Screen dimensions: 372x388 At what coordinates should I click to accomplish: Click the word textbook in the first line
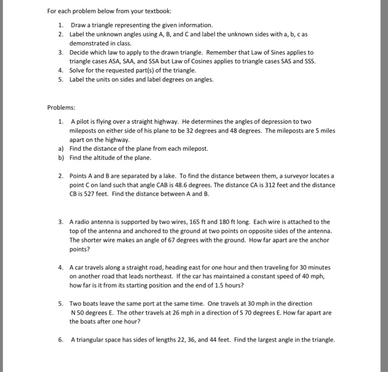tap(157, 11)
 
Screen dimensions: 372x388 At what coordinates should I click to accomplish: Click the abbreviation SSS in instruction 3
tap(308, 61)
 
